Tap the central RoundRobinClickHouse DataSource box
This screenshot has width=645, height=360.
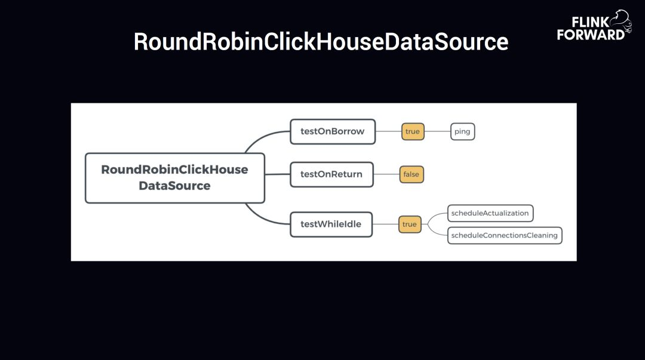[174, 178]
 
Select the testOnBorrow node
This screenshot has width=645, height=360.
[332, 131]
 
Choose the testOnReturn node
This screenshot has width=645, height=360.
[331, 174]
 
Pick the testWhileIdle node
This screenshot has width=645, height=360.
[331, 224]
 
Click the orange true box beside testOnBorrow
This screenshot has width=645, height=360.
[413, 131]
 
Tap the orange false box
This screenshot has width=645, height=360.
[411, 174]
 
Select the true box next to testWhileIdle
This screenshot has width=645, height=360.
[410, 224]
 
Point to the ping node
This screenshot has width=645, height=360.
[462, 131]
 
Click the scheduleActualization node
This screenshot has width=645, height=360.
[490, 213]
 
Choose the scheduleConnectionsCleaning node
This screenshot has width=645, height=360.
[505, 235]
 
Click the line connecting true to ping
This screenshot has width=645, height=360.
[437, 131]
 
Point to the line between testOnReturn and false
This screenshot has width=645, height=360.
[386, 174]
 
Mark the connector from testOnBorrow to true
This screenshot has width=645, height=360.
[388, 131]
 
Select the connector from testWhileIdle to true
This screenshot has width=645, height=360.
[385, 224]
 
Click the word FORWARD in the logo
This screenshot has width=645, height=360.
[590, 34]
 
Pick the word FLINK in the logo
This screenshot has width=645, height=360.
[590, 22]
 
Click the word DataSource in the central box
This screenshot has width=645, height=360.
[174, 186]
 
